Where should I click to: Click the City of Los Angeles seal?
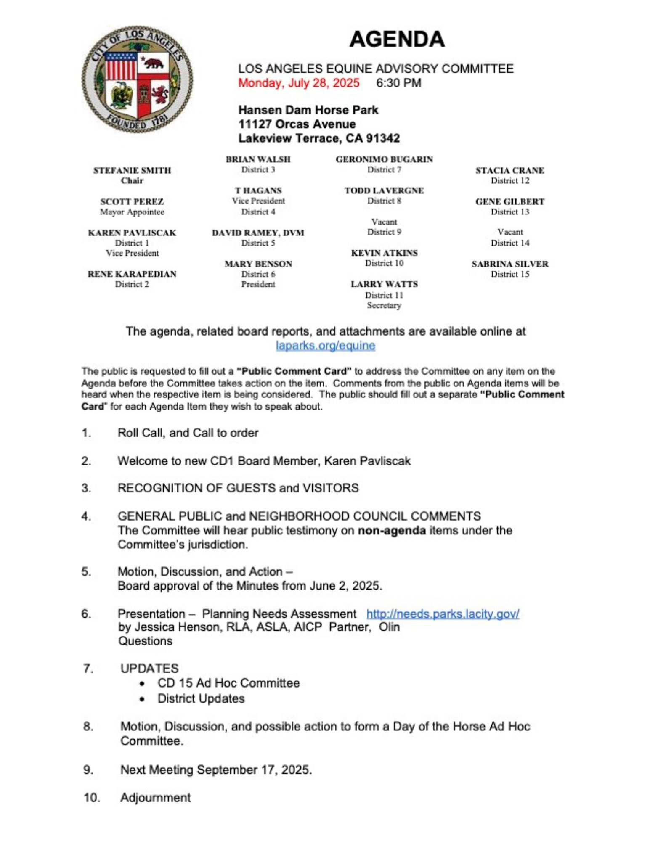[x=137, y=79]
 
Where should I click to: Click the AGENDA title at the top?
[x=397, y=39]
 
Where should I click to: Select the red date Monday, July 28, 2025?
[x=299, y=83]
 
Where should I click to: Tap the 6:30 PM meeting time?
[x=398, y=83]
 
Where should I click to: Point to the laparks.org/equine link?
[x=325, y=346]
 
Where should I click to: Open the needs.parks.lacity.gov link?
[x=443, y=614]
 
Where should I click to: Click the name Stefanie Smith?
[x=132, y=170]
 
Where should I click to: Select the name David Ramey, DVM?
[x=258, y=233]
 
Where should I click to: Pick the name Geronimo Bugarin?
[x=384, y=159]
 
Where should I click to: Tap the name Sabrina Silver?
[x=510, y=264]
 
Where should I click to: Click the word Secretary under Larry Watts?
[x=384, y=306]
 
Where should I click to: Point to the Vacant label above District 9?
[x=384, y=222]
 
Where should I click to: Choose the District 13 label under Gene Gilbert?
[x=510, y=212]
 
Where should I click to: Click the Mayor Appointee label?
[x=132, y=212]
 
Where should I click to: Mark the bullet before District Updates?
[x=143, y=699]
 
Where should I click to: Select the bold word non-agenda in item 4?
[x=392, y=531]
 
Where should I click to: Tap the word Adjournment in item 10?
[x=155, y=798]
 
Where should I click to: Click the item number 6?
[x=86, y=614]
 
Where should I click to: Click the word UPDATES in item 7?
[x=149, y=668]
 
